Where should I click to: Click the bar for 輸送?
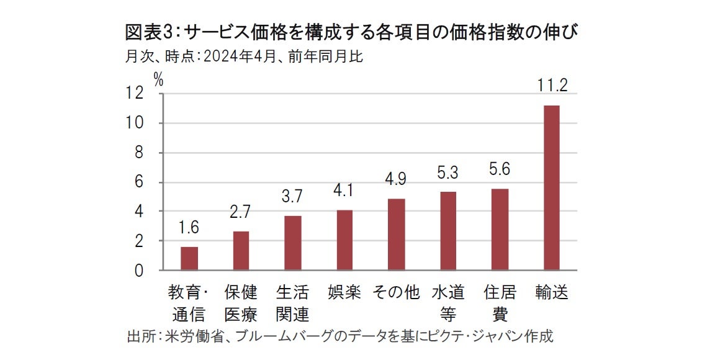[551, 188]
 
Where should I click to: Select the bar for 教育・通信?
[189, 258]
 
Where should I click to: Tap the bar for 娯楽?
[344, 240]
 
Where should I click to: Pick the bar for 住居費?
[500, 229]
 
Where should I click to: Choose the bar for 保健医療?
[241, 251]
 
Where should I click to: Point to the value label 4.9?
[396, 179]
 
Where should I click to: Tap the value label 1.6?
[189, 228]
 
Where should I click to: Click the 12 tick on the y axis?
[135, 94]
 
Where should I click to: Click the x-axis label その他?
[396, 292]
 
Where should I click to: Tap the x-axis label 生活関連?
[292, 303]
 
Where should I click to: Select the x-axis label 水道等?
[447, 303]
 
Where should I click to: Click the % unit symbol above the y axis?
[158, 79]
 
